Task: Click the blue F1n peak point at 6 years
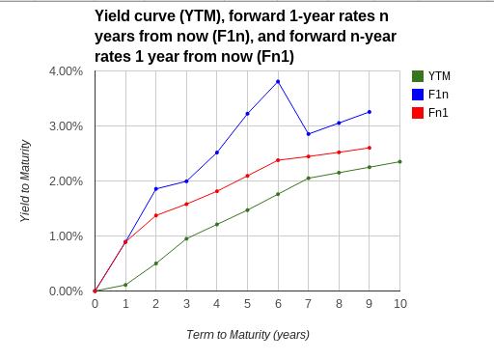click(x=278, y=81)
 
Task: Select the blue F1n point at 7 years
click(x=309, y=134)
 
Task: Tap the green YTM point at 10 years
click(x=400, y=161)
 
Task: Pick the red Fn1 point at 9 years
click(x=370, y=148)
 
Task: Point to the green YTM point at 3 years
click(x=186, y=238)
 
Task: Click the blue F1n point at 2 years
click(x=156, y=188)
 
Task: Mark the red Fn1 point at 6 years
click(x=278, y=160)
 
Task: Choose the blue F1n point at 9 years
click(x=370, y=112)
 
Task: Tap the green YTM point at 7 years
click(x=309, y=178)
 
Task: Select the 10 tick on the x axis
click(x=400, y=304)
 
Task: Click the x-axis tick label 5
click(x=248, y=304)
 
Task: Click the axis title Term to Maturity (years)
click(x=248, y=335)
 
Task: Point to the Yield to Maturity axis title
click(x=26, y=181)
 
